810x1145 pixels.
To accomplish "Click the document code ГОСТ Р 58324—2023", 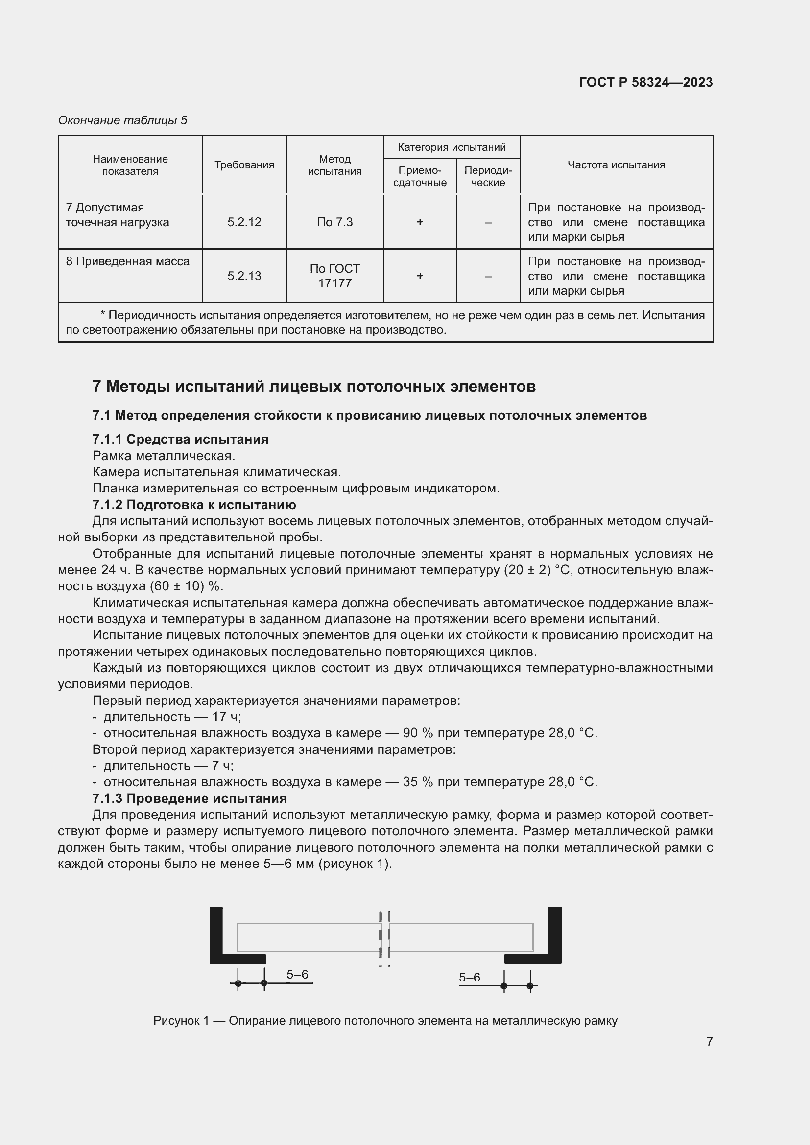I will pos(645,82).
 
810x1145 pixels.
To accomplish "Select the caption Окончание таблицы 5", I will pos(123,120).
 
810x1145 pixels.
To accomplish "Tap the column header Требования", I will pos(244,164).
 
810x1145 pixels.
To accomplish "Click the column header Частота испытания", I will pos(616,164).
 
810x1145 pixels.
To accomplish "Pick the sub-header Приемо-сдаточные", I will pos(420,176).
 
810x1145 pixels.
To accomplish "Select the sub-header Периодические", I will pos(488,176).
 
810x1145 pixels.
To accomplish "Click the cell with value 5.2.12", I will pos(244,222).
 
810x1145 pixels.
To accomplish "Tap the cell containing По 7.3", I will pos(334,222).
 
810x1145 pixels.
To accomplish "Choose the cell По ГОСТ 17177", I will pos(334,276).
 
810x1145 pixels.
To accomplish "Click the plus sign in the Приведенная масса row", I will pos(420,276).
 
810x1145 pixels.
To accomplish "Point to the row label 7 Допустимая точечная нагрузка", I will pos(118,215).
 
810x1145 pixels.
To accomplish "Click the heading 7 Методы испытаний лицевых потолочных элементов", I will pos(314,387).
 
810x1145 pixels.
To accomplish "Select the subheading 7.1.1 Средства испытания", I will pos(180,439).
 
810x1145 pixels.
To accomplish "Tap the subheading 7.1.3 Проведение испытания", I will pos(189,798).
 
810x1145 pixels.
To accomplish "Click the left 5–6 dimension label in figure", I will pos(297,975).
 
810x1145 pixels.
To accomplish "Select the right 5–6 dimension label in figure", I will pos(469,978).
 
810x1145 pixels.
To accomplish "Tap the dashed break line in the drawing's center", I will pos(384,937).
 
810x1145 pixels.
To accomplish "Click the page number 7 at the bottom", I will pos(709,1041).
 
